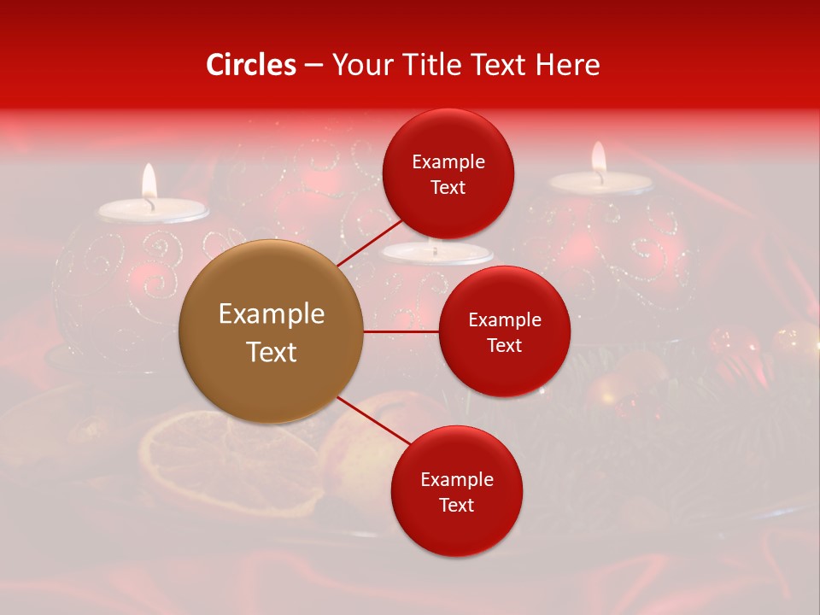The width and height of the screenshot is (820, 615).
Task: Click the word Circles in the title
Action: pyautogui.click(x=250, y=65)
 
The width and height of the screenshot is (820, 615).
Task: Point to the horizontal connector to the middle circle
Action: pyautogui.click(x=401, y=331)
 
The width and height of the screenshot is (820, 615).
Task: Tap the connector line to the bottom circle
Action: pyautogui.click(x=374, y=421)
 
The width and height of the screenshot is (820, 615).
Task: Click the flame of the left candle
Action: pyautogui.click(x=149, y=181)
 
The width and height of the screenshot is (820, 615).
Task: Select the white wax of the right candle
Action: pyautogui.click(x=600, y=182)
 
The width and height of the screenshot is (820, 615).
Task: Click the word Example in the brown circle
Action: pyautogui.click(x=272, y=314)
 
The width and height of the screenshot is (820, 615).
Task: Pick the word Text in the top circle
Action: pyautogui.click(x=448, y=188)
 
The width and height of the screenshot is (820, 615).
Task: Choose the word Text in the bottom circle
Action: pyautogui.click(x=456, y=505)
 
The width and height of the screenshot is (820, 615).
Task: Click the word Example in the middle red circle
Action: pyautogui.click(x=505, y=320)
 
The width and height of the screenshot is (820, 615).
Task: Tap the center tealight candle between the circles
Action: pyautogui.click(x=437, y=253)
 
